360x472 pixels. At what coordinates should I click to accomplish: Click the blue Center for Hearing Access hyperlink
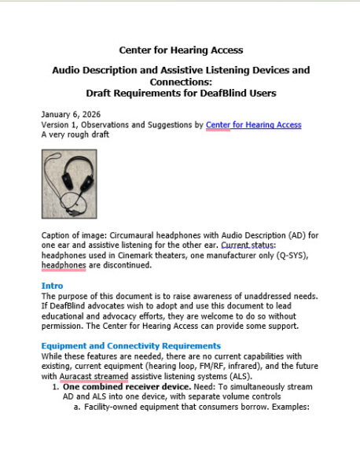(254, 124)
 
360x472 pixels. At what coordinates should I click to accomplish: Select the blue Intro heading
(52, 285)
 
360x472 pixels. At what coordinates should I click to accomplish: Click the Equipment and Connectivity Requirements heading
(131, 345)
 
